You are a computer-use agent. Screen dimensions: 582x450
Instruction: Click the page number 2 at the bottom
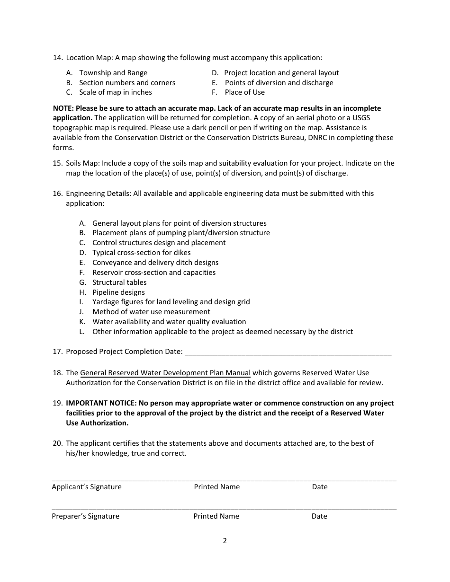click(225, 541)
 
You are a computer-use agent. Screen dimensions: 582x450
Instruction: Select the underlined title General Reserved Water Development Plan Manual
click(165, 373)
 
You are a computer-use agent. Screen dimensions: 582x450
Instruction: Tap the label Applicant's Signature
click(87, 487)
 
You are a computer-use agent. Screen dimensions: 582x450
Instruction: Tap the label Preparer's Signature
click(86, 516)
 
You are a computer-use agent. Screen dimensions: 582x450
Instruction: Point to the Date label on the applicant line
click(320, 487)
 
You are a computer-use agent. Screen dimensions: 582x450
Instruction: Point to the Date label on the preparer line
click(319, 516)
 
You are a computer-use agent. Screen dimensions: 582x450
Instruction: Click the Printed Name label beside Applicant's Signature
click(216, 487)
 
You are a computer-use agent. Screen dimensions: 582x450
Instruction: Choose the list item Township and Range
click(113, 73)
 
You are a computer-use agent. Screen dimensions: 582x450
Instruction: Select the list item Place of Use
click(244, 92)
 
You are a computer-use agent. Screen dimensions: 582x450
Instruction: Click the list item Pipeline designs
click(118, 292)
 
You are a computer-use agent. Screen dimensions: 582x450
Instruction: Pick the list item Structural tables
click(119, 282)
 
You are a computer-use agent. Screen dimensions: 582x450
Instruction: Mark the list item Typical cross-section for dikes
click(141, 253)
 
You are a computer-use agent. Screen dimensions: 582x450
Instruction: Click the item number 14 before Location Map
click(57, 58)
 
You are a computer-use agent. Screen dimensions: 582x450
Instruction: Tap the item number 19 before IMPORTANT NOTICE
click(57, 403)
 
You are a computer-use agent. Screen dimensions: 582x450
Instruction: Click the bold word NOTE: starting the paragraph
click(63, 108)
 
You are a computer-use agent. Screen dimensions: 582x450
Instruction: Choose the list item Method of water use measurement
click(151, 312)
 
